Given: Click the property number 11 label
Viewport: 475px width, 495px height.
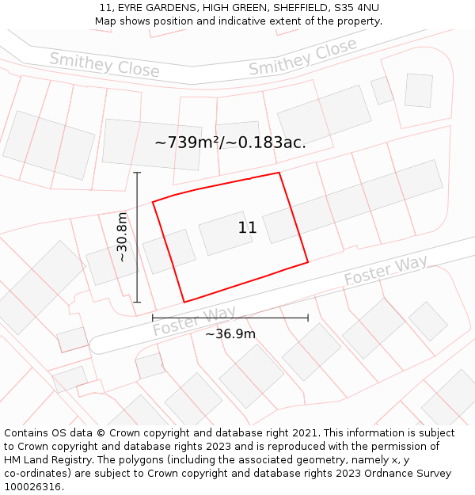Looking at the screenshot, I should click(x=247, y=228).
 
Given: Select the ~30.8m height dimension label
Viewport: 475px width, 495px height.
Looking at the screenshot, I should click(x=122, y=237).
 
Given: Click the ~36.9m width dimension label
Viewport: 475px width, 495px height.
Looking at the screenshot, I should click(x=230, y=334).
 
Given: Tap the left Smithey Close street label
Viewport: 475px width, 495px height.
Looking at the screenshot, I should click(x=104, y=64).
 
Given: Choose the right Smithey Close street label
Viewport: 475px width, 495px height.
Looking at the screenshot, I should click(x=303, y=58).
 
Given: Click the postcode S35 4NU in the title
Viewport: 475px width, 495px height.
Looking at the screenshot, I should click(x=356, y=8).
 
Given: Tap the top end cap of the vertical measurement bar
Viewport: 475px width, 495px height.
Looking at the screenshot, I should click(x=137, y=173).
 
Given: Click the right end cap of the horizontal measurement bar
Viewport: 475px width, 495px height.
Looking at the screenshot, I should click(x=308, y=318).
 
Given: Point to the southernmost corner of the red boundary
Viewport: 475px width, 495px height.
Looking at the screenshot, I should click(x=184, y=302).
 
